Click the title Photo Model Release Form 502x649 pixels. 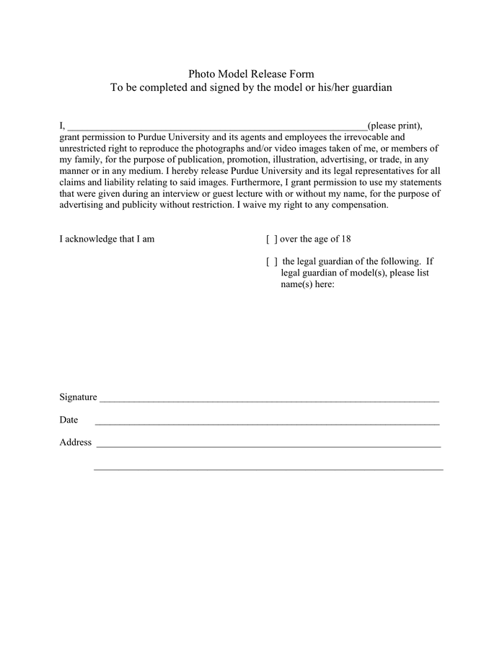[251, 74]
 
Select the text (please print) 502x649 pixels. [395, 125]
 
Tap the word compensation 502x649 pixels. [358, 205]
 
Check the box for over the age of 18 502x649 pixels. [272, 239]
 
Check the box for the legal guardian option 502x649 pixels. [272, 262]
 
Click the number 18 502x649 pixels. [345, 239]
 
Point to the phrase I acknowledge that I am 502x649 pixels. [107, 239]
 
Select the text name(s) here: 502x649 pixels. [307, 284]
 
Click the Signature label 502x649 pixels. [78, 397]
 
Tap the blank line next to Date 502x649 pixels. [267, 423]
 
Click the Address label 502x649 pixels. [75, 443]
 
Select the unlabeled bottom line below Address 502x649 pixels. [268, 469]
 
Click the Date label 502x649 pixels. [69, 420]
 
